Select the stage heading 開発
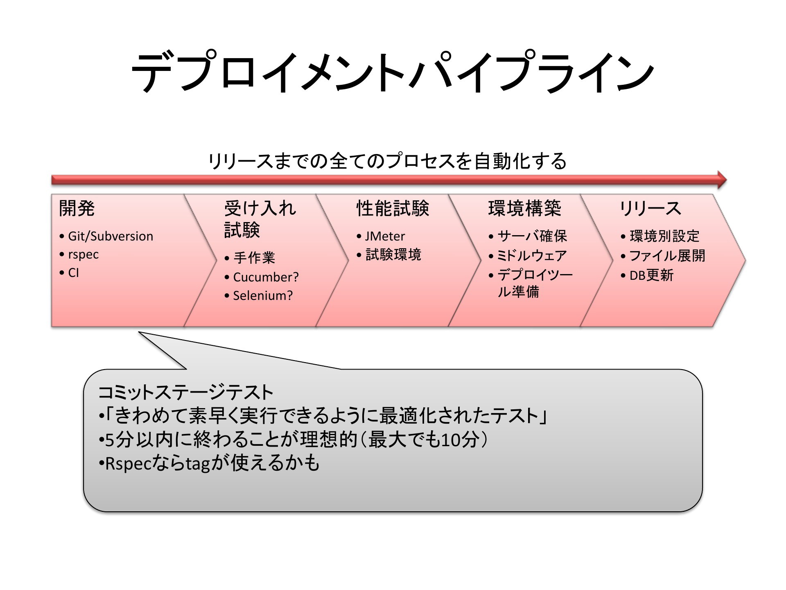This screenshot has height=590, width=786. (x=77, y=208)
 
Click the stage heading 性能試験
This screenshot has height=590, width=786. (x=393, y=208)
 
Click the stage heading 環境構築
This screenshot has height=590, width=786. (x=525, y=208)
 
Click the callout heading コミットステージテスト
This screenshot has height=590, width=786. (x=185, y=392)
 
